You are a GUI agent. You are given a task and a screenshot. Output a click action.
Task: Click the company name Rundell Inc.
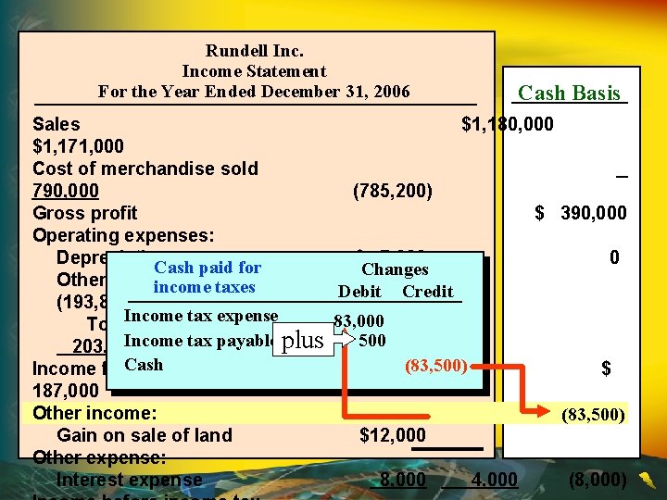pyautogui.click(x=254, y=51)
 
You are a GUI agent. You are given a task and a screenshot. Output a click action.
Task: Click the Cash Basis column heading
pyautogui.click(x=569, y=93)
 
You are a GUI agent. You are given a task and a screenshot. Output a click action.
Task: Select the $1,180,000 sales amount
pyautogui.click(x=508, y=124)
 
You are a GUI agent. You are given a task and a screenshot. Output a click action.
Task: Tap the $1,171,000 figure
pyautogui.click(x=78, y=146)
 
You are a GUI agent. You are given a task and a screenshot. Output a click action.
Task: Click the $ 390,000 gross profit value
pyautogui.click(x=581, y=213)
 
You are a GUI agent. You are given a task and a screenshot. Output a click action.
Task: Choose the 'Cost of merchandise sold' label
pyautogui.click(x=145, y=169)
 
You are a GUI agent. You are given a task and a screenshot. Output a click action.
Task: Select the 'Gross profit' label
pyautogui.click(x=84, y=213)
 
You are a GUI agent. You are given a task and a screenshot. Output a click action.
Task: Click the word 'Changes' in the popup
pyautogui.click(x=395, y=269)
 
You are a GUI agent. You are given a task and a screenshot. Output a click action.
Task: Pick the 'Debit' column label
pyautogui.click(x=359, y=292)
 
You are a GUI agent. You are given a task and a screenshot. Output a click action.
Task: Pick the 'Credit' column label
pyautogui.click(x=427, y=292)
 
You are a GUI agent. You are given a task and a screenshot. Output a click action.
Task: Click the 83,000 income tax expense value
pyautogui.click(x=359, y=321)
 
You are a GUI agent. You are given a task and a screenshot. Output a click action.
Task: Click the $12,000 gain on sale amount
pyautogui.click(x=393, y=435)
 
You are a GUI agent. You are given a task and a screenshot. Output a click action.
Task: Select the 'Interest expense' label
pyautogui.click(x=129, y=480)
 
